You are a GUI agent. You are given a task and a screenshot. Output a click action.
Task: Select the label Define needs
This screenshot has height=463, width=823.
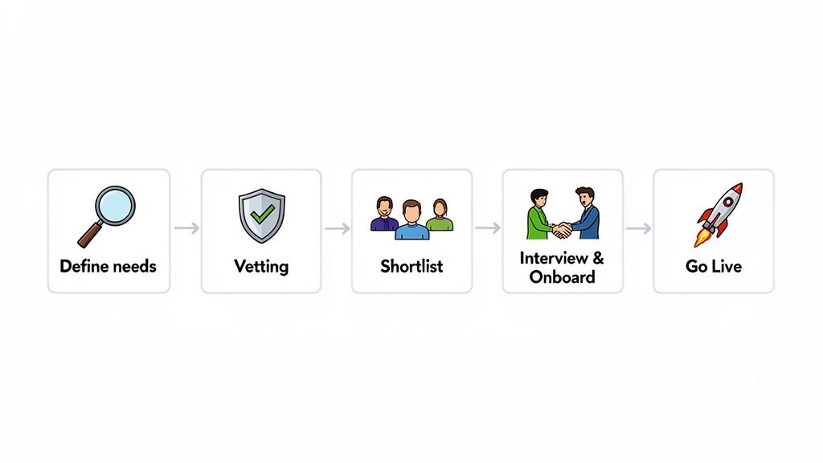[109, 266]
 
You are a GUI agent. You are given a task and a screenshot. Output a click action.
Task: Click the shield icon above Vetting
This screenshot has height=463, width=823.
[261, 215]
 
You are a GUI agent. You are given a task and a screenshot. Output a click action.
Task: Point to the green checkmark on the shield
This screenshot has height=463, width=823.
[262, 213]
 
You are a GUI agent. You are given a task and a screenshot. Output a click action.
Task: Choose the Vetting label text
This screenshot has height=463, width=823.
[261, 266]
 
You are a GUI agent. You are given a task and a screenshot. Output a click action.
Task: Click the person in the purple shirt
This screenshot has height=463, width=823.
[385, 215]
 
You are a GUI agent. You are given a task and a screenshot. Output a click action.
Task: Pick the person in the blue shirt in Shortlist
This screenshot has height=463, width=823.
[411, 222]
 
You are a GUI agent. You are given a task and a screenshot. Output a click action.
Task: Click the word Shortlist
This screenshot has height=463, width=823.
[411, 266]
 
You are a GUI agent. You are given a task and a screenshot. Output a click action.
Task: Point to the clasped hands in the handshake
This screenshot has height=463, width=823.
[562, 230]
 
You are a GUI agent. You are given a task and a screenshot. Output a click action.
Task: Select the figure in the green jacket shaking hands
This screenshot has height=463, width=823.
[538, 215]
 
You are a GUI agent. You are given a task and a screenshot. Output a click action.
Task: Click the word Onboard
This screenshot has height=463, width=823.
[562, 277]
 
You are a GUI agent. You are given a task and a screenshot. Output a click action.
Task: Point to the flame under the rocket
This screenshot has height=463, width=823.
[700, 238]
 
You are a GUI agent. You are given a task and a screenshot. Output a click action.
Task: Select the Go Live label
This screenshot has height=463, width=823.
[714, 266]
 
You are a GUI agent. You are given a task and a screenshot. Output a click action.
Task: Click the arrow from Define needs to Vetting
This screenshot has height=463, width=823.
[186, 229]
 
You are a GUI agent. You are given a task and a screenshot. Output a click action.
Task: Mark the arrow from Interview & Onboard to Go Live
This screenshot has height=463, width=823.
[638, 229]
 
